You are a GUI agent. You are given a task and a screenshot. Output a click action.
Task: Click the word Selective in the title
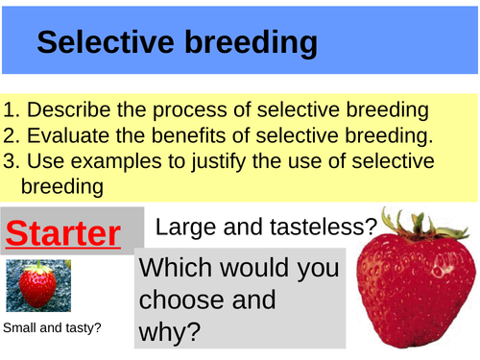107,42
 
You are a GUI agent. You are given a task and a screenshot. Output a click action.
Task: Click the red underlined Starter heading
61,233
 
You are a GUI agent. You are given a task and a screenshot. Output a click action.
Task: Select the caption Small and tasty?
53,329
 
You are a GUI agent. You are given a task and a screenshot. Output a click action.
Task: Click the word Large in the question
181,228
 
